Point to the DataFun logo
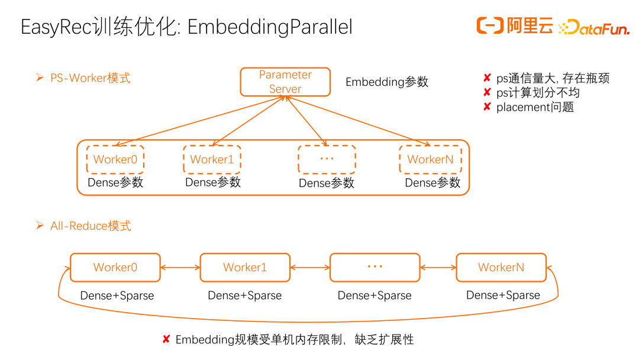coord(594,27)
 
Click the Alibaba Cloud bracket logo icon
coord(490,25)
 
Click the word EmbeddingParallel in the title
coord(270,27)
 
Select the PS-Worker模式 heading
coord(90,78)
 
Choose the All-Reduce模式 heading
coord(91,226)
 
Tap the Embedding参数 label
coord(387,82)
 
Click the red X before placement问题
coord(487,107)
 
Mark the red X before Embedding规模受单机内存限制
coord(166,339)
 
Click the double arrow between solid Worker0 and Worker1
coord(180,268)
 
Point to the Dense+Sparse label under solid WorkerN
coord(504,295)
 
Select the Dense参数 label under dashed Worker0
coord(115,182)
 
